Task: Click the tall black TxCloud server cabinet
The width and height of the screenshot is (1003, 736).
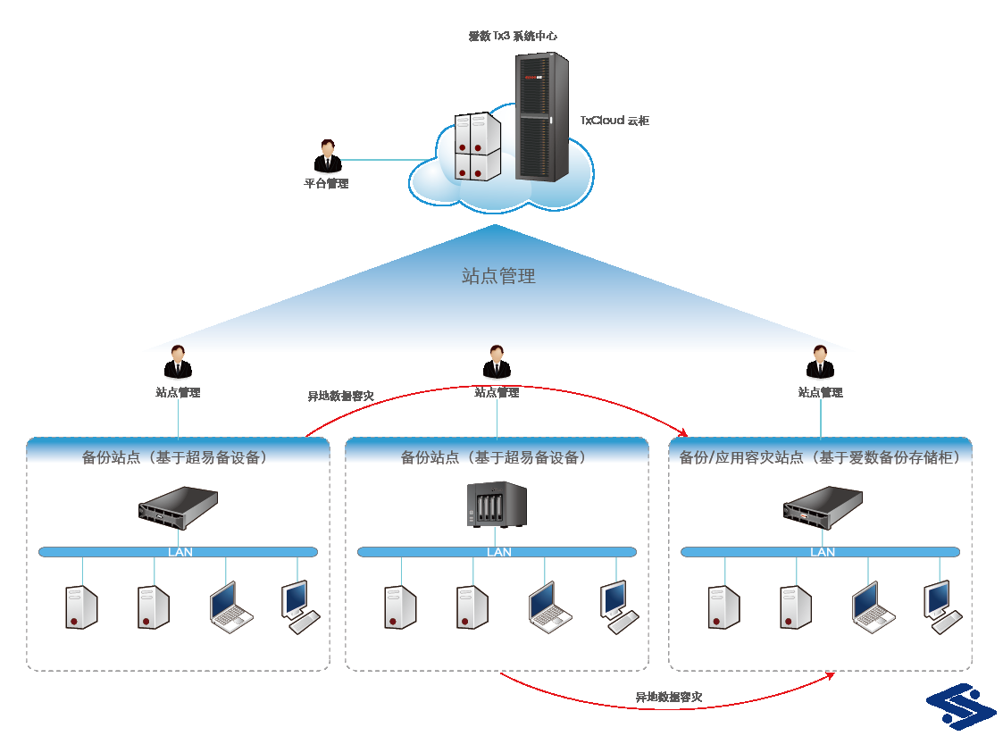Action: point(542,117)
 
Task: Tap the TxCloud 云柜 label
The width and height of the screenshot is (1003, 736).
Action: point(614,121)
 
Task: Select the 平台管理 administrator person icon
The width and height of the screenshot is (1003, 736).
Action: point(328,156)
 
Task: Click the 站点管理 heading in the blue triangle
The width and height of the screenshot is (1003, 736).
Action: point(498,276)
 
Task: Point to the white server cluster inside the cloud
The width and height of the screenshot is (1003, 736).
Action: point(477,146)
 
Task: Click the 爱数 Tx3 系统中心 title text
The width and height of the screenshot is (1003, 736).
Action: point(513,36)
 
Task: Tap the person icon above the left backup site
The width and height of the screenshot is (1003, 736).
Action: point(178,362)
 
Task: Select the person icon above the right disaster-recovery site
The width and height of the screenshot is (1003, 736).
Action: point(820,362)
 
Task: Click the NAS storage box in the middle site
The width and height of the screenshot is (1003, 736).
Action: point(497,505)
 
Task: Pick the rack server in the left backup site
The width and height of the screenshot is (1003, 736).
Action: point(179,507)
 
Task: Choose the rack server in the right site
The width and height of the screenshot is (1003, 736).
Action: point(823,507)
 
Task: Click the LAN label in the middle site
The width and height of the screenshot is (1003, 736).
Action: point(499,552)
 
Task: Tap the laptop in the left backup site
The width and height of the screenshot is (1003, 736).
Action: point(231,607)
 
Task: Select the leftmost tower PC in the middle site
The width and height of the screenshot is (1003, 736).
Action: point(400,607)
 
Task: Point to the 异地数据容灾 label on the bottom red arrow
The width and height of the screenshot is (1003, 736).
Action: point(668,697)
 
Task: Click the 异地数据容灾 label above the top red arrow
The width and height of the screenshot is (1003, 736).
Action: point(340,397)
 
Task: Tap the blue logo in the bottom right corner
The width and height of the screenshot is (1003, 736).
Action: point(961,707)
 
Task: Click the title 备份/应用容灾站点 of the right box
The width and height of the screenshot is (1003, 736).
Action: point(740,458)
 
